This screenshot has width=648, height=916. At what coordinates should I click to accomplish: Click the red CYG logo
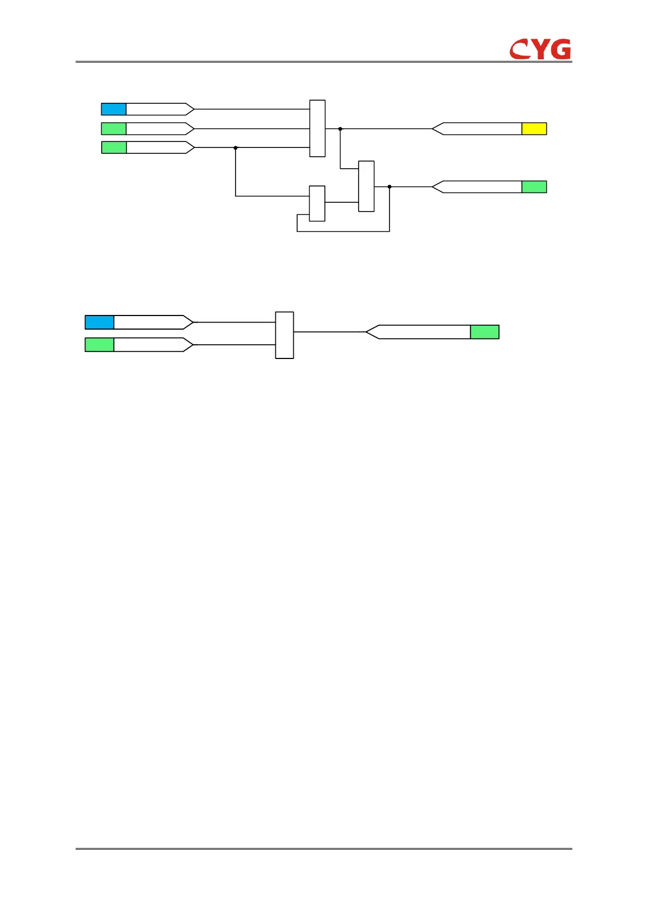tap(540, 49)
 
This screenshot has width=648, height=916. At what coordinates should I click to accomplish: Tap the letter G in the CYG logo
tap(560, 49)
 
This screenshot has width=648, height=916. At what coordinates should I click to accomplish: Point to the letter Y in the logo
tap(540, 49)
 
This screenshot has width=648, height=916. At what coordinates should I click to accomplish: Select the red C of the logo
tap(520, 49)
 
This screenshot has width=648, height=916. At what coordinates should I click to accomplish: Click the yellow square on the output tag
tap(534, 129)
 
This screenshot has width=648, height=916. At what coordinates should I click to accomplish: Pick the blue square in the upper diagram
tap(114, 109)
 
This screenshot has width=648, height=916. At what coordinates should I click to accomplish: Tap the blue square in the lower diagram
tap(100, 322)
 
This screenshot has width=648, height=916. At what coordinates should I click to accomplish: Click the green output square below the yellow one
tap(534, 187)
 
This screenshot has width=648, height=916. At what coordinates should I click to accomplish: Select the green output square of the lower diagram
tap(484, 332)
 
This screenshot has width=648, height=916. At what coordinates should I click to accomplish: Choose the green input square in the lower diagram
tap(100, 345)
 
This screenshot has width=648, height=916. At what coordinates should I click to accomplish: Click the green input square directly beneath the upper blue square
tap(114, 129)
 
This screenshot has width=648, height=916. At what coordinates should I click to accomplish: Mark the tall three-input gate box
tap(317, 128)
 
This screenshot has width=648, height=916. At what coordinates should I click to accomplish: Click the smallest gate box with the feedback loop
tap(317, 203)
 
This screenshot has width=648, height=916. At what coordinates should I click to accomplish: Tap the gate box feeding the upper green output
tap(366, 186)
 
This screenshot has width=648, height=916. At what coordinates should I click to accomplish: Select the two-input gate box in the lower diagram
tap(285, 335)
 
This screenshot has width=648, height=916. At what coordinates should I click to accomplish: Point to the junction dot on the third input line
tap(236, 147)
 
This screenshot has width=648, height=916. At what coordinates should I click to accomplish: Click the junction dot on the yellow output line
tap(340, 129)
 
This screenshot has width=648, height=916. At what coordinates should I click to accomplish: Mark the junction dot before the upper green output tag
tap(390, 187)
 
